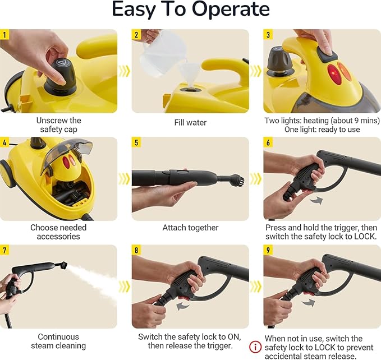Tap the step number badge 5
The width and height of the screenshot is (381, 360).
point(136,142)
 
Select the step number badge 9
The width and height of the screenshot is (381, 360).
point(268,250)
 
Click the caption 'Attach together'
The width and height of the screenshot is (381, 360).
point(190,228)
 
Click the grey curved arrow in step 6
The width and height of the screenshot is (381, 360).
point(317,199)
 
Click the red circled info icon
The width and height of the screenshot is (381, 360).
point(256,348)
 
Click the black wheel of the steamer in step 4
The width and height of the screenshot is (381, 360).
point(7,173)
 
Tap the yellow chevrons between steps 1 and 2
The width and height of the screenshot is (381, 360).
point(125,71)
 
